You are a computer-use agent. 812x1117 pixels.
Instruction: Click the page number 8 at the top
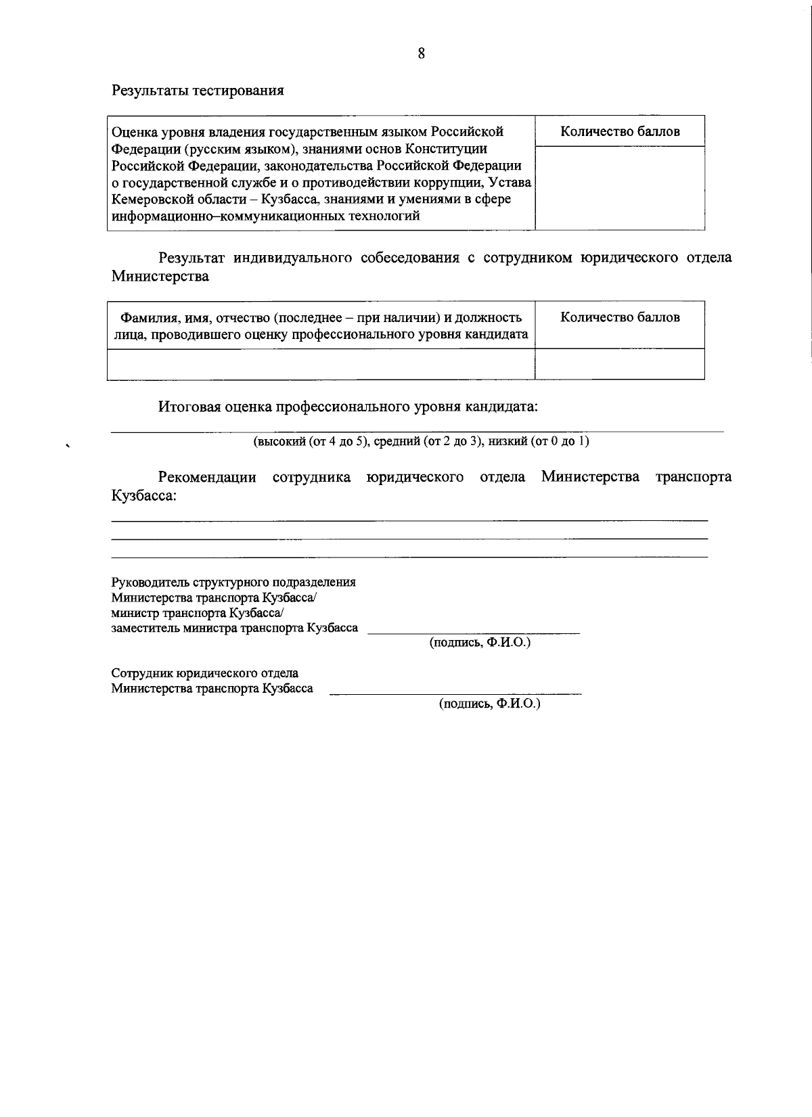[x=421, y=54]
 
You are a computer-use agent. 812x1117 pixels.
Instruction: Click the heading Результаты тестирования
[x=198, y=90]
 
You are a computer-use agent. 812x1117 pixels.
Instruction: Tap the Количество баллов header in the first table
[x=620, y=132]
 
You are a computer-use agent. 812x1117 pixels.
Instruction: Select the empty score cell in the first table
[x=620, y=187]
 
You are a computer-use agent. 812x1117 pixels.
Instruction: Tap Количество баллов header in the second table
[x=620, y=317]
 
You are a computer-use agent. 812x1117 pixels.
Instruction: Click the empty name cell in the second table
[x=321, y=364]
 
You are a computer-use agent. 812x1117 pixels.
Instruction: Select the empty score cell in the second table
[x=620, y=364]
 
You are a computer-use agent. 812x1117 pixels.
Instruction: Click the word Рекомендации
[x=207, y=477]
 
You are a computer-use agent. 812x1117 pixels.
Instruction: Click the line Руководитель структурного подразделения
[x=233, y=583]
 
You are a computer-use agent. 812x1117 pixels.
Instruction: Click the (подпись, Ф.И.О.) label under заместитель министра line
[x=480, y=643]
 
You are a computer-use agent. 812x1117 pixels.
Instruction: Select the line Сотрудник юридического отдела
[x=204, y=674]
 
